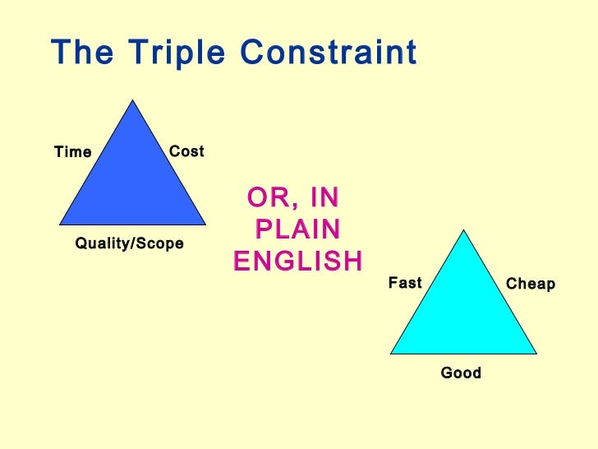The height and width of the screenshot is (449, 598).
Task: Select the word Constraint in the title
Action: tap(329, 54)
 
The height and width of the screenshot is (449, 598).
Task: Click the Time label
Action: tap(72, 152)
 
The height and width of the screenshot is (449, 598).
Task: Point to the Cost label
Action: tap(186, 151)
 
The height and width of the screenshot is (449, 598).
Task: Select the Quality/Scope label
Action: tap(129, 244)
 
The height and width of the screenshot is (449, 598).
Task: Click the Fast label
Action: tap(404, 283)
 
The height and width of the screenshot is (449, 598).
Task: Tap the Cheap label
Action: tap(530, 284)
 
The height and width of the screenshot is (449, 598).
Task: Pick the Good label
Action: tap(461, 373)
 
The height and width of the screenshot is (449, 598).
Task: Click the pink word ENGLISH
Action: tap(297, 262)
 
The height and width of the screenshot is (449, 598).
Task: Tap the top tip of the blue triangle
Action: tap(132, 101)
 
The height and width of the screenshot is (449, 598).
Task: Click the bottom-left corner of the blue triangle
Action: tap(60, 224)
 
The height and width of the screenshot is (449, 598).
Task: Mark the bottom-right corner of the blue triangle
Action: tap(205, 224)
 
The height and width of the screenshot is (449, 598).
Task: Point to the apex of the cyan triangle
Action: tap(464, 230)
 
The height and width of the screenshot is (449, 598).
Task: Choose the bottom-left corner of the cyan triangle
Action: tap(391, 353)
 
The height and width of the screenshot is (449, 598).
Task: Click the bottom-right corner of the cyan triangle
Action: tap(536, 353)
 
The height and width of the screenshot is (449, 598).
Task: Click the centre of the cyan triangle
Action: tap(464, 312)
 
